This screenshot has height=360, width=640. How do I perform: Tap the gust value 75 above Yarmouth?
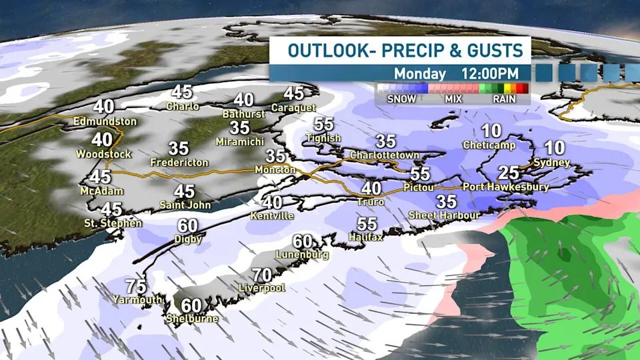pos(135,287)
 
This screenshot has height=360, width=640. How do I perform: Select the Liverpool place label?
pos(262,289)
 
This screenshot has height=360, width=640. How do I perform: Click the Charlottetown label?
pos(385,155)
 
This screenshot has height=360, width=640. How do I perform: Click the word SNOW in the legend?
pos(402,99)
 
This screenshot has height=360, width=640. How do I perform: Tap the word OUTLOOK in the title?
pos(323,51)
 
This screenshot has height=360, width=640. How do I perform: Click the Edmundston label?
pos(106,122)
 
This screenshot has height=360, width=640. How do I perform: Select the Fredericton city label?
pos(179,162)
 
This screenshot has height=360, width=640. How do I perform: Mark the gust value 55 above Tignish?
pos(323,125)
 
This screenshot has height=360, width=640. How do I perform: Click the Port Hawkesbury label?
pos(505,187)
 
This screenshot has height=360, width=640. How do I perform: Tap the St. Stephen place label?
pos(113,223)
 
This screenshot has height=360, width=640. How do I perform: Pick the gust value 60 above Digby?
pos(187,226)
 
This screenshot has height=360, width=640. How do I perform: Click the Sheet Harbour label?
pos(444,215)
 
